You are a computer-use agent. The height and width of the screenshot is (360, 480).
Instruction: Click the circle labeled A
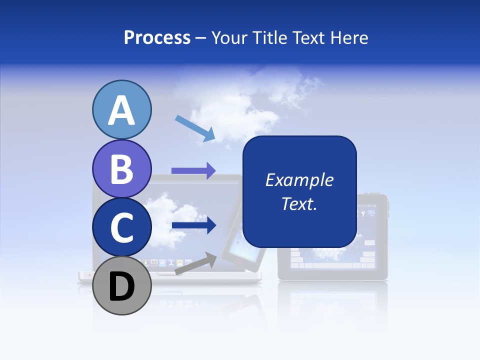coord(121,109)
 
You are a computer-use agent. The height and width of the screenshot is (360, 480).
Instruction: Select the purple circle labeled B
coord(121,168)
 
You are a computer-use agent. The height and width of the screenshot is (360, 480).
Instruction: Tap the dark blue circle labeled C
coord(121,227)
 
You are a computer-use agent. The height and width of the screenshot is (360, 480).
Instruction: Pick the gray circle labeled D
coord(121,286)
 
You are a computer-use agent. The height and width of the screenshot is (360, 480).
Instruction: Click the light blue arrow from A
coord(194,127)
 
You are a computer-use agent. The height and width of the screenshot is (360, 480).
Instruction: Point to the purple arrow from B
coord(193,170)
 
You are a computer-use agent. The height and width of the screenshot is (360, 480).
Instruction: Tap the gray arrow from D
coord(195,263)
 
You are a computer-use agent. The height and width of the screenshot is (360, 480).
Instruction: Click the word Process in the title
coord(157,37)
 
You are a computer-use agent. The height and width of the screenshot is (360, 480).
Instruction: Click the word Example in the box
coord(299,180)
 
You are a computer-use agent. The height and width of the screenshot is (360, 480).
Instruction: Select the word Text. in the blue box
coord(299,203)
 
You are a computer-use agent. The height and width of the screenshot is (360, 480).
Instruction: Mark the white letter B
coord(121,169)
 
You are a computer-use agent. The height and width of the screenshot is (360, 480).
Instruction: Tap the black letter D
coord(121,286)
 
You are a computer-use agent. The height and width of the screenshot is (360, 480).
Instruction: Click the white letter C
coord(121,227)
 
